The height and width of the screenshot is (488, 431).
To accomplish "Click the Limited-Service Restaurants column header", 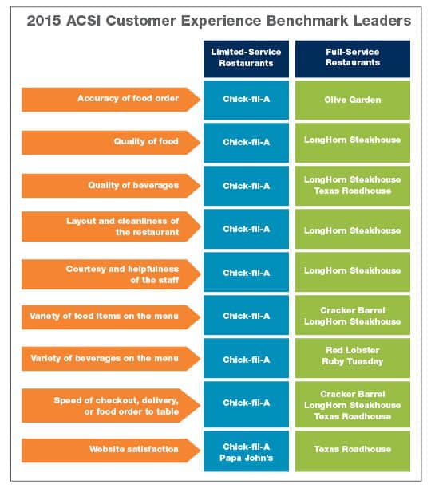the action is (x=246, y=59).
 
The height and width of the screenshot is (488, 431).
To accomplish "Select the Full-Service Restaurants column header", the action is (x=353, y=59).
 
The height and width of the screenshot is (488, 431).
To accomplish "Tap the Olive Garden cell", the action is (x=353, y=100).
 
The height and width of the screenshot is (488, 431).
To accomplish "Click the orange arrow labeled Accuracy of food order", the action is (x=111, y=100).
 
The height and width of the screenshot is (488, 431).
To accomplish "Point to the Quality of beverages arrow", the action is (x=111, y=186).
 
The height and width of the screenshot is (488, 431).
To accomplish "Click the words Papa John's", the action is (x=246, y=458).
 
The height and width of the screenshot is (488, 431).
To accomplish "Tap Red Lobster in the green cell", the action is (x=353, y=350).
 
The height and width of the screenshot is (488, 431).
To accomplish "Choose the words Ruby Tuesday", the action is (x=353, y=362).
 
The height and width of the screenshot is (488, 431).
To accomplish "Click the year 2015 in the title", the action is (x=44, y=21).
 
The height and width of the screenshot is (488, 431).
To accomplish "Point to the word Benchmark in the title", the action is (x=307, y=21).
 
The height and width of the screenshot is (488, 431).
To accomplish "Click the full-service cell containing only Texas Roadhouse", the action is (x=353, y=451).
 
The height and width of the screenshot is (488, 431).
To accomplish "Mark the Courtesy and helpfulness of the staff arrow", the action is (x=111, y=274).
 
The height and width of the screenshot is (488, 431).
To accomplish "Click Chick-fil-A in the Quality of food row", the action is (x=246, y=143).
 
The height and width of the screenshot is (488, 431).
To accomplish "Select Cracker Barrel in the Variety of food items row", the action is (x=353, y=311).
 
